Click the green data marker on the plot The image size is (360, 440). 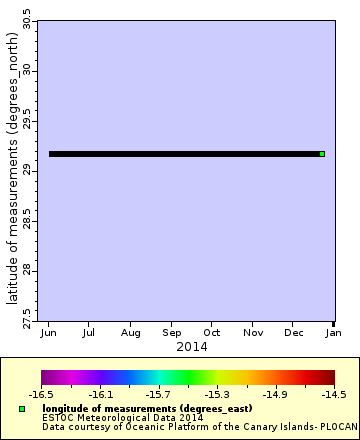[322, 154]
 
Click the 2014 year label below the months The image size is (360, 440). [191, 346]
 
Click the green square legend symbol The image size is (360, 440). [22, 410]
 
